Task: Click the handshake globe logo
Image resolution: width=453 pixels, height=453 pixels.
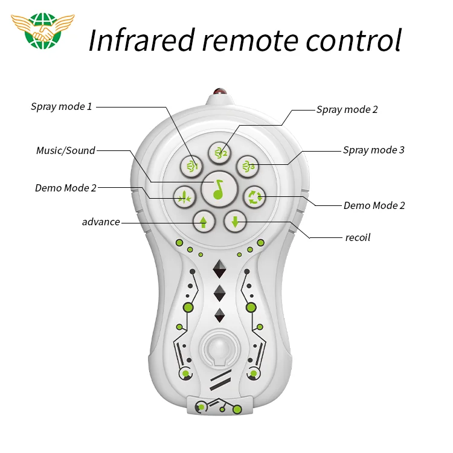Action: (42, 33)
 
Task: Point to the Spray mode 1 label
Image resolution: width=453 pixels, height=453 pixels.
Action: (62, 107)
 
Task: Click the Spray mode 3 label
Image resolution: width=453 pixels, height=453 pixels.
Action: (374, 150)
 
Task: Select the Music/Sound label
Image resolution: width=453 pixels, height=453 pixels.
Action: (65, 150)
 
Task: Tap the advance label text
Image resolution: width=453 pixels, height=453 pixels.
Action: (101, 222)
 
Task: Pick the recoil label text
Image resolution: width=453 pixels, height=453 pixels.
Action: (358, 237)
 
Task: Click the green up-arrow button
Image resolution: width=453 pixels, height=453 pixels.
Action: (203, 222)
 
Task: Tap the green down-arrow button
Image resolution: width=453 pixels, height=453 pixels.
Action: (235, 222)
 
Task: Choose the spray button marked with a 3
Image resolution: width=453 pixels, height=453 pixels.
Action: (247, 165)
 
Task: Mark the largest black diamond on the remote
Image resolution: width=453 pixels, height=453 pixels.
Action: (219, 269)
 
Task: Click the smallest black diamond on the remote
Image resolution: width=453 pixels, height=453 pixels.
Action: (219, 315)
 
